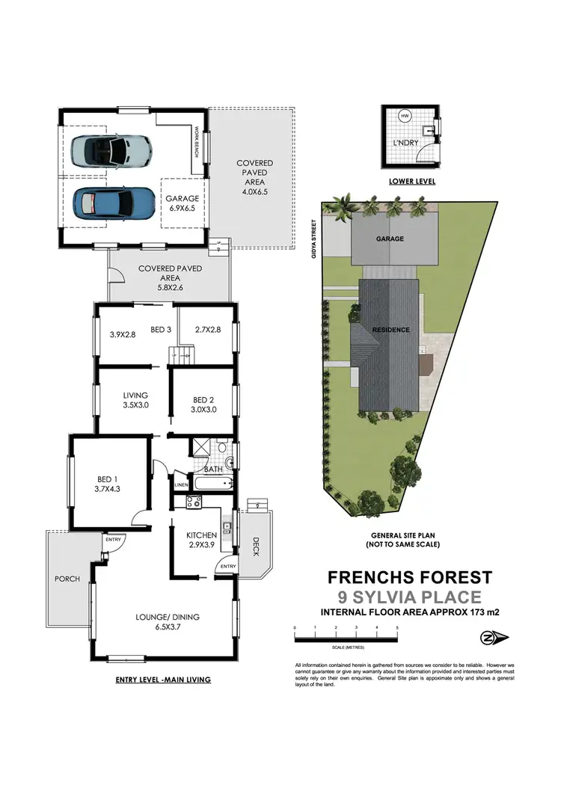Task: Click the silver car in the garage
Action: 111,150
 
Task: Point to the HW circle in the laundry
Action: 405,117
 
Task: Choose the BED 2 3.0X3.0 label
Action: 203,404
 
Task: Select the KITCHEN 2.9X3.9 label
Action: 202,540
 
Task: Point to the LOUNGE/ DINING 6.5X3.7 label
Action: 168,622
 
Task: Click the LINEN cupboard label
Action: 181,485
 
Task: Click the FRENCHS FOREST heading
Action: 410,577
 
